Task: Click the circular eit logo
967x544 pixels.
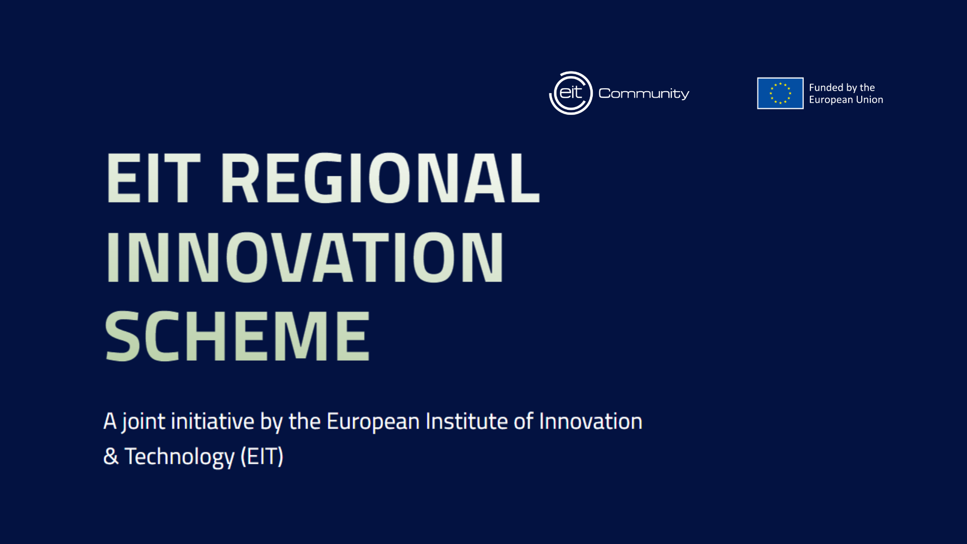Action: click(571, 93)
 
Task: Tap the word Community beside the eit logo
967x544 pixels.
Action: click(644, 94)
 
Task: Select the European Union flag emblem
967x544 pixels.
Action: click(780, 93)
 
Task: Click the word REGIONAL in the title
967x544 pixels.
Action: click(380, 179)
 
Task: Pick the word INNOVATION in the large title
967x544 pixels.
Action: click(305, 258)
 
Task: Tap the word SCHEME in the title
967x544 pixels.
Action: click(237, 336)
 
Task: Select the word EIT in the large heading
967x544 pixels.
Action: click(154, 179)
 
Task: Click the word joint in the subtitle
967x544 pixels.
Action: click(144, 422)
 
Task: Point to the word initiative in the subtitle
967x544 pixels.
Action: click(213, 421)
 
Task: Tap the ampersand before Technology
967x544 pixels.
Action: click(111, 457)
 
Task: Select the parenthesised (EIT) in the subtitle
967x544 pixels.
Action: click(262, 457)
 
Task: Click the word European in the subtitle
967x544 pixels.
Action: click(373, 422)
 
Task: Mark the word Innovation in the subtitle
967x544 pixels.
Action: click(591, 421)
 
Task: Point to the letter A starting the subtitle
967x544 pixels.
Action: click(110, 421)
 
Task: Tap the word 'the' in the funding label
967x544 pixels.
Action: click(867, 88)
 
